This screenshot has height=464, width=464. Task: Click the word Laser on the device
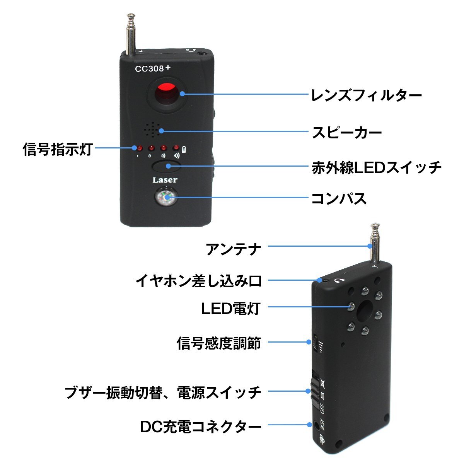click(165, 180)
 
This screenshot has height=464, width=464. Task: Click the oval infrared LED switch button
click(167, 167)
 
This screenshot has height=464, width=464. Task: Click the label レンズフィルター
click(366, 95)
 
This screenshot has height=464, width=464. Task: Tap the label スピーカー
click(347, 132)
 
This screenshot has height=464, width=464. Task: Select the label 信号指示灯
click(57, 148)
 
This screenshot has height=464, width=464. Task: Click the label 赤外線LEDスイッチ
click(376, 167)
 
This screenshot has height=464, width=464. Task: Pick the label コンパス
click(339, 198)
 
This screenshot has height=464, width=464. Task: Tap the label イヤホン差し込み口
click(198, 280)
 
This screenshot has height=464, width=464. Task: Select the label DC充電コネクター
click(200, 426)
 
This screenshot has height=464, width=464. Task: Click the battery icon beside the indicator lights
click(184, 149)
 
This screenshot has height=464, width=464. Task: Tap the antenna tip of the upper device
click(131, 17)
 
